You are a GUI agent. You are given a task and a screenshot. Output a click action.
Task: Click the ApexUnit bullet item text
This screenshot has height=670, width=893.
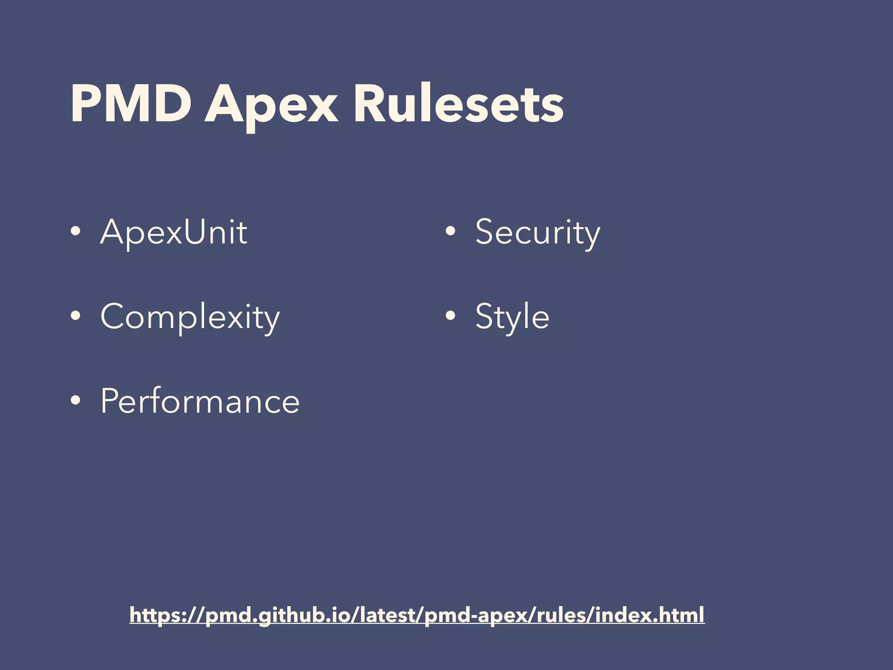point(174,232)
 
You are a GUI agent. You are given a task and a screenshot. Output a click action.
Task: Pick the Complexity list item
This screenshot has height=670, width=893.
point(190,317)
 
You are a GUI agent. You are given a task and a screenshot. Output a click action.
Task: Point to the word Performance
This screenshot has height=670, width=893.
point(200,401)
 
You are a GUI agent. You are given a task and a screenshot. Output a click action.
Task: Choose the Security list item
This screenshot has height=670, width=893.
point(538,232)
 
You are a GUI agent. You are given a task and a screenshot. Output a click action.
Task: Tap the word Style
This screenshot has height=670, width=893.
point(512,317)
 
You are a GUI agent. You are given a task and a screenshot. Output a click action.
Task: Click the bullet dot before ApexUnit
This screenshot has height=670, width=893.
point(75,232)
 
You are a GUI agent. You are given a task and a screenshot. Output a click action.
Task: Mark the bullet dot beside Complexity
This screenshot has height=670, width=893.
point(75,316)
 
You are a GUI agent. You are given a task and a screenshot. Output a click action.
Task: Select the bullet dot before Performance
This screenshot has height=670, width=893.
point(75,400)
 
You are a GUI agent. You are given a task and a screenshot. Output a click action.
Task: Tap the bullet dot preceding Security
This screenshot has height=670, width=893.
point(450,232)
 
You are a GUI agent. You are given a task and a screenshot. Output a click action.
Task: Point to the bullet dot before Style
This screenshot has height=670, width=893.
point(450,316)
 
